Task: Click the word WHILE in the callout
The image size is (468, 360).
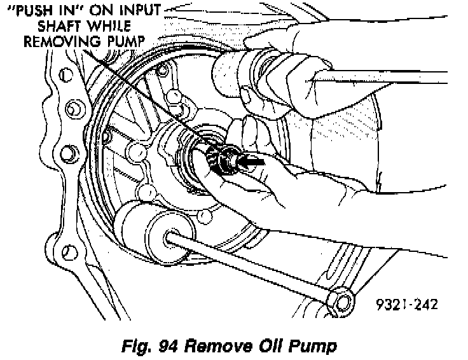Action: click(x=109, y=27)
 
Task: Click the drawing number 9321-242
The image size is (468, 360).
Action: click(x=406, y=304)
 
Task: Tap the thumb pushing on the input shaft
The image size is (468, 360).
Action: click(x=251, y=137)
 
